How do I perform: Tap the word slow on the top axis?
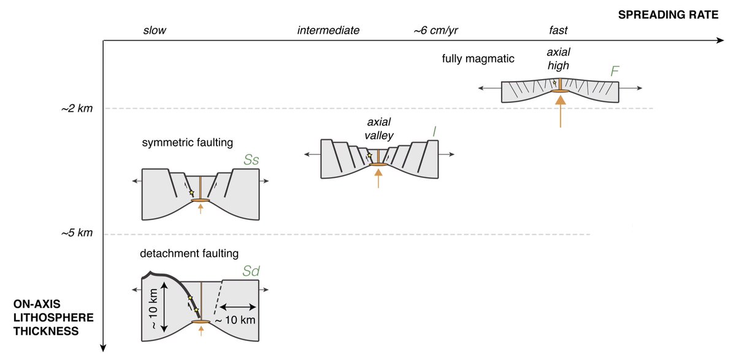[154, 29]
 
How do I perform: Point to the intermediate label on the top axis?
[328, 29]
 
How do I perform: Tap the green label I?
[434, 131]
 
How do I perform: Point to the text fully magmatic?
[478, 59]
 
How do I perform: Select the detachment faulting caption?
[188, 253]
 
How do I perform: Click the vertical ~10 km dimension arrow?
[164, 307]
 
